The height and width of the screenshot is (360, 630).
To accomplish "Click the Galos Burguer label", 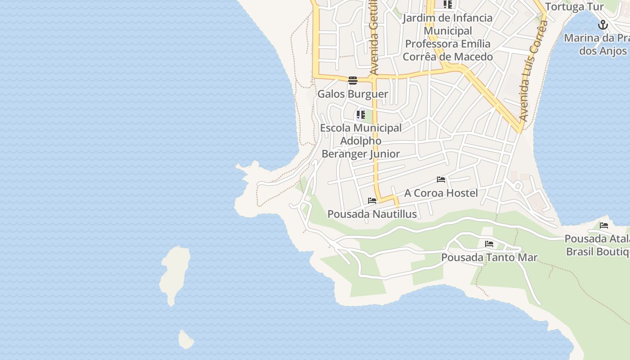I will pos(353,94).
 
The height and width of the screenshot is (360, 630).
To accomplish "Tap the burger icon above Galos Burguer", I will pos(353,81).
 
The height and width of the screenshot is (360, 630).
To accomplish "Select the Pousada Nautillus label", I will pos(372,214).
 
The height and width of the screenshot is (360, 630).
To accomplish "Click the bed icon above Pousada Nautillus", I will pos(372,201).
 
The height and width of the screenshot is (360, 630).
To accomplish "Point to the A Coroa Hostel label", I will pos(441,193).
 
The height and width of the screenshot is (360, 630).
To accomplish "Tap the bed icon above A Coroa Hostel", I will pos(441,180).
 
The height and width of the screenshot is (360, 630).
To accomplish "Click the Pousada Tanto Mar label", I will pos(489,258).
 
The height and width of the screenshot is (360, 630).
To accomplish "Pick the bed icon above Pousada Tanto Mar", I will pos(489,244).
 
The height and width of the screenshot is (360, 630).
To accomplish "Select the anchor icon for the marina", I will pos(603,25).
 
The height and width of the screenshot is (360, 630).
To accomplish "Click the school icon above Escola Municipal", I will pos(360,115).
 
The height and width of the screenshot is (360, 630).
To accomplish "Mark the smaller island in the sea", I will pos(185,340).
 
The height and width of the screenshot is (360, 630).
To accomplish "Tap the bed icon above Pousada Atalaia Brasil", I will pos(604,225).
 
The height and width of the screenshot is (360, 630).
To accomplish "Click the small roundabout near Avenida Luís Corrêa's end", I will pos(518,185).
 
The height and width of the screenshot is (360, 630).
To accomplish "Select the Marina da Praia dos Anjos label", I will pos(597,44).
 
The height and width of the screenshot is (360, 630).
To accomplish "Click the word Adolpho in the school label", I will pos(360,141).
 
